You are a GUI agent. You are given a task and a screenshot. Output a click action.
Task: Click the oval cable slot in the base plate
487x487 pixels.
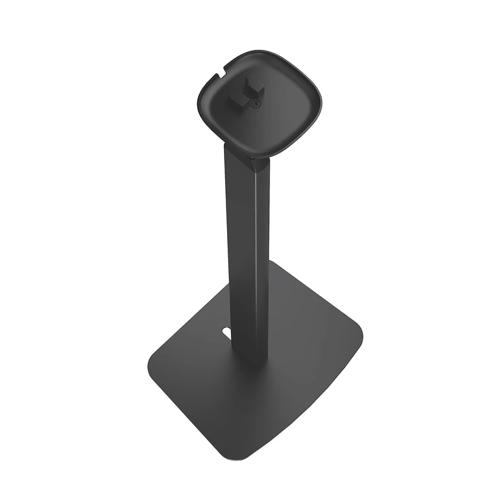point(226,333)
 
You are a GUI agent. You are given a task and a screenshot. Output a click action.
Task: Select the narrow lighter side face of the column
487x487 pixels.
point(263,256)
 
